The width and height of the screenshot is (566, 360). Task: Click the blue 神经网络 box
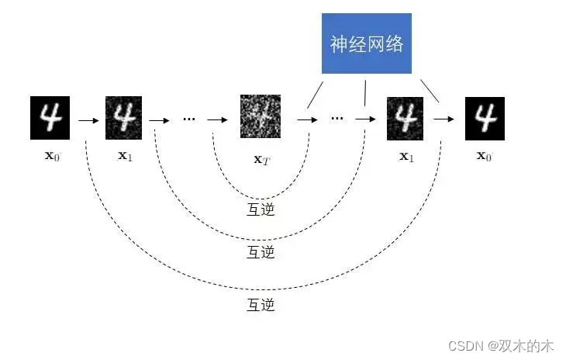point(367,43)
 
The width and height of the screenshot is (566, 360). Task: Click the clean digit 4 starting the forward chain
point(50,118)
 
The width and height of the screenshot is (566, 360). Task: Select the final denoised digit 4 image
point(485,118)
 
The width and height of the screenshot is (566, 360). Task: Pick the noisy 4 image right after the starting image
point(124,118)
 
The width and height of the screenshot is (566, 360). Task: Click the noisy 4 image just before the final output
point(406,118)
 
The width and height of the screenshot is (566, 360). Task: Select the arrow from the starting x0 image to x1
point(88,120)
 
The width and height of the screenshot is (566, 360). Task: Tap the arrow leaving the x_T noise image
point(307,120)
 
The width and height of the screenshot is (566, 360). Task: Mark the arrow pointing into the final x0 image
point(443,120)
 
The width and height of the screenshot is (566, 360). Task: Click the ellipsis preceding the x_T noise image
point(188,119)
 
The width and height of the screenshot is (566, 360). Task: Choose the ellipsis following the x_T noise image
point(336,119)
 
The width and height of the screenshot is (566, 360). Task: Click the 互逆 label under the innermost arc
point(261,209)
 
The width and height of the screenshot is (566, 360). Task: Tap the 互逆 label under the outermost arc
point(261,305)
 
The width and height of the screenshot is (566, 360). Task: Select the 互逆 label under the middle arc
point(261,252)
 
